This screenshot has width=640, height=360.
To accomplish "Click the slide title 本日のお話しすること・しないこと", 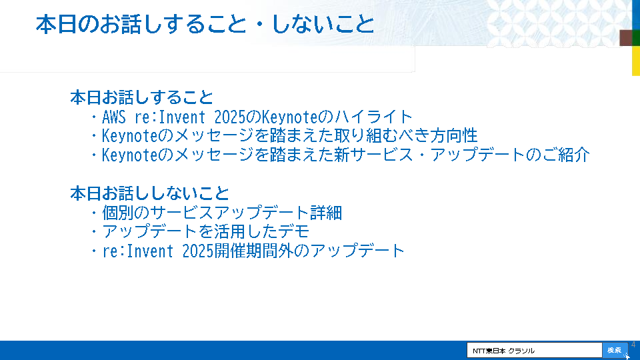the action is coord(205,24).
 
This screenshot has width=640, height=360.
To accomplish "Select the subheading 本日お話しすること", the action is coord(141,97).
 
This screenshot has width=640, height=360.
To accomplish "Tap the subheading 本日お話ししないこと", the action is coord(150,193).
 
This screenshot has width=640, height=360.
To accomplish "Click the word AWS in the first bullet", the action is coord(114,117).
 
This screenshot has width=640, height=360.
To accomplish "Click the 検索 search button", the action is coord(615,350).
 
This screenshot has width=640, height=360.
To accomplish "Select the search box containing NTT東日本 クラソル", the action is coord(534,350).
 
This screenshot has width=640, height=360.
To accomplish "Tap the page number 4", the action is coord(633,345).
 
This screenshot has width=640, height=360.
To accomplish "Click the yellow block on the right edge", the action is coord(636,61).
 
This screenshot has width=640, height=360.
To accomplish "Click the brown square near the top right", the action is coord(626,37).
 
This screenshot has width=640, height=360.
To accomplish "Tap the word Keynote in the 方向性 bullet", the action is coord(129,136).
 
